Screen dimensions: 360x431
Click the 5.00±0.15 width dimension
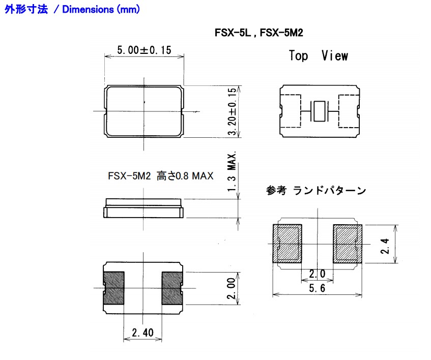pos(144,50)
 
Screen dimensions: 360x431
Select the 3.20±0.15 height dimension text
pos(232,111)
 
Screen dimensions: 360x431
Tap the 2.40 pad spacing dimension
pos(142,333)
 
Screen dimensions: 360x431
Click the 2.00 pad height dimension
pos(232,288)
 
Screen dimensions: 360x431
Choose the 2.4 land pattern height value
pos(386,245)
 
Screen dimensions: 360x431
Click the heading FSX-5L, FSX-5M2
pos(260,33)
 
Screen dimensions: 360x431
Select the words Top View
pos(318,56)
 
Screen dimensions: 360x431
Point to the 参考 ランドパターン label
pos(315,191)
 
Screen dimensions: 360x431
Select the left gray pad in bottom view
pos(114,288)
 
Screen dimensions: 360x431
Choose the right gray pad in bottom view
pos(172,288)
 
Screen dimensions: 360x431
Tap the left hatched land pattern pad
pos(288,244)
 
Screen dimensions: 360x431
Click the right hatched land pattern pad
pos(347,244)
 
